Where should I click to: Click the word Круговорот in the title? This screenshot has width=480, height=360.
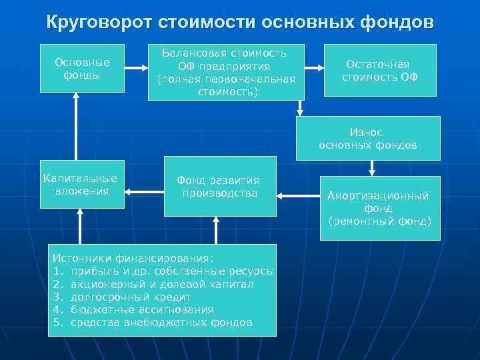click(99, 23)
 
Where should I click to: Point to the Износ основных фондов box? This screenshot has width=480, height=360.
click(368, 139)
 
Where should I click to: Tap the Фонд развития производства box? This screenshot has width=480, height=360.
click(220, 187)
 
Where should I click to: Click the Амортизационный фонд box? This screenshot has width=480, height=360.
click(379, 207)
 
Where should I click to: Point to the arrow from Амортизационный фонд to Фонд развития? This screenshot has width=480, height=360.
click(298, 195)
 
